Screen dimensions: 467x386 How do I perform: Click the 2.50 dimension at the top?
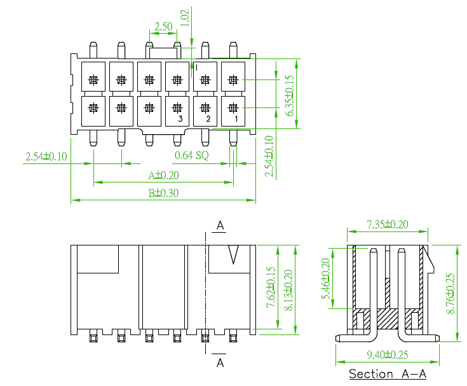[x=163, y=27]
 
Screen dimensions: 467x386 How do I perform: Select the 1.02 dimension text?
[x=185, y=18]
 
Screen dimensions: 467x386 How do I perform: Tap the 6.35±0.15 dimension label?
[x=289, y=95]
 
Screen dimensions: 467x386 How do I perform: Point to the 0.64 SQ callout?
[x=191, y=155]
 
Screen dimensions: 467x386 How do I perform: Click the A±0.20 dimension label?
[x=163, y=176]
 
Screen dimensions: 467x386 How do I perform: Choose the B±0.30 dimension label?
[x=163, y=193]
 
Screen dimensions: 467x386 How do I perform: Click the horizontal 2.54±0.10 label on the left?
[x=46, y=156]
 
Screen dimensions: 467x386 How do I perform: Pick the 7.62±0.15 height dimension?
[x=271, y=287]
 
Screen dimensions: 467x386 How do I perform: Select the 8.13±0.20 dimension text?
[x=288, y=290]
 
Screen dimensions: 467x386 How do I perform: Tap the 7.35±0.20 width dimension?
[x=387, y=224]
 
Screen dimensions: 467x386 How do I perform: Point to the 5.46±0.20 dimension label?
[x=325, y=279]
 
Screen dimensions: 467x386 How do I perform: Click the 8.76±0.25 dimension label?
[x=450, y=293]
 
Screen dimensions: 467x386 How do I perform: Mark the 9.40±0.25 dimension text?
[x=387, y=355]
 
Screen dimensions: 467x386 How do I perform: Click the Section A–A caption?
[x=388, y=374]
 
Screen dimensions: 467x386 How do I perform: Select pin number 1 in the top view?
[x=236, y=119]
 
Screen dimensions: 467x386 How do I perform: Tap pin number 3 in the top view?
[x=180, y=119]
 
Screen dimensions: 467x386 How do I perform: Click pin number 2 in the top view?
[x=208, y=119]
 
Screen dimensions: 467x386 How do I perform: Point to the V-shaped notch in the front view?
[x=233, y=255]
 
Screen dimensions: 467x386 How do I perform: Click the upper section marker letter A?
[x=220, y=225]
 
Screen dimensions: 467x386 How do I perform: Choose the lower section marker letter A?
[x=220, y=362]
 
